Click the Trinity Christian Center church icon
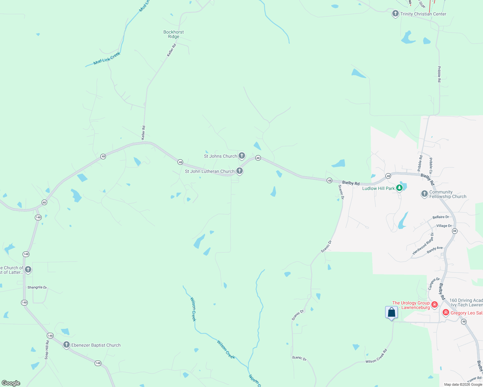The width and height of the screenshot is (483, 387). pos(395,14)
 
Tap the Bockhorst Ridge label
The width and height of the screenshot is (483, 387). pos(174,34)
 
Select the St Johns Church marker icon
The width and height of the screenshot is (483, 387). pos(242,156)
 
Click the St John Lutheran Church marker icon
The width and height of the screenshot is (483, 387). pos(240,171)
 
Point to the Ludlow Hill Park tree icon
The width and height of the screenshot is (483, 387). pos(399,188)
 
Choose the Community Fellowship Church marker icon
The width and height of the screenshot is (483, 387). pos(425,194)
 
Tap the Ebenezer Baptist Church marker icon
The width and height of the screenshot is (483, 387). pos(67,345)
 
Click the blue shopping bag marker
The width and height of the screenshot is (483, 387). pos(391,313)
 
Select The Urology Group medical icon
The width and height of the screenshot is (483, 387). pos(435,304)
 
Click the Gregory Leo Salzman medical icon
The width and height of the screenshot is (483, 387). pos(446,313)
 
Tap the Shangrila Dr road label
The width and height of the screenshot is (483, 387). pos(37,287)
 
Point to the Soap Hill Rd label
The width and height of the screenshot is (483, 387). pos(47,350)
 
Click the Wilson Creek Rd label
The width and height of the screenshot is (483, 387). pos(376,356)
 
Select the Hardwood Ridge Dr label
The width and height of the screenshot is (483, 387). pos(423,243)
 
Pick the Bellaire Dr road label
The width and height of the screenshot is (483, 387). pos(441,217)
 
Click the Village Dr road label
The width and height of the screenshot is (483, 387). pos(444,226)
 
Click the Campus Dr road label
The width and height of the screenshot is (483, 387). pos(434,283)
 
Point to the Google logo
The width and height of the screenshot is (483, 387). pos(11,383)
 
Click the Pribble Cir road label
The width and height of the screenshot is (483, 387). pos(431,166)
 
